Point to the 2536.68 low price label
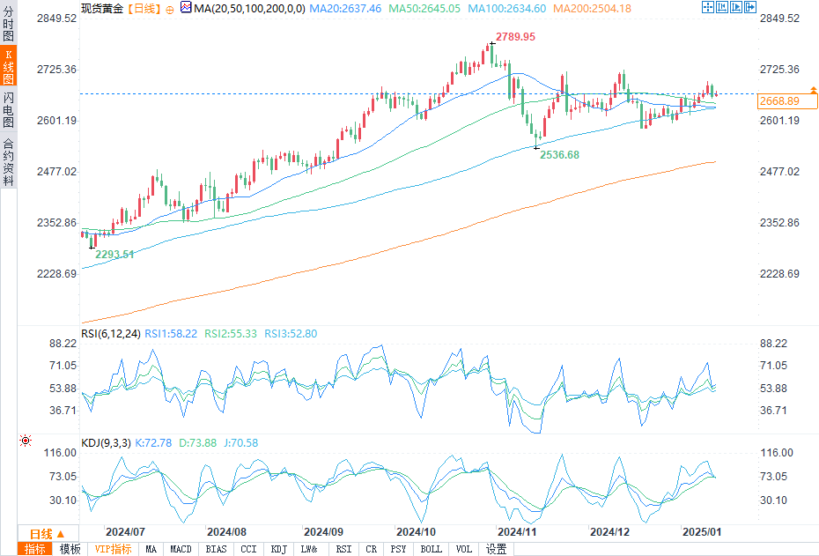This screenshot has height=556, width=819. (559, 155)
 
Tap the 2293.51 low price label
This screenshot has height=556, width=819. (114, 254)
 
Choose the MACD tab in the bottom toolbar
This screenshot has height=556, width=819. (181, 549)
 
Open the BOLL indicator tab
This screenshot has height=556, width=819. (432, 549)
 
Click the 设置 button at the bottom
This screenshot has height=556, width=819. (496, 549)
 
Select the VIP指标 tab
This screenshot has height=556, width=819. (113, 549)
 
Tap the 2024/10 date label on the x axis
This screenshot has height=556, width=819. (417, 532)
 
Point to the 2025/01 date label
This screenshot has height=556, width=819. (702, 532)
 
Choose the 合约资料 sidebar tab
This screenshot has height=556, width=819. (9, 162)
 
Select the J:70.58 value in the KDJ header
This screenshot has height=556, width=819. (240, 442)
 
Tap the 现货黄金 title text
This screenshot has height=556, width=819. (102, 8)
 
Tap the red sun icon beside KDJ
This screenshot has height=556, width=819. (26, 441)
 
